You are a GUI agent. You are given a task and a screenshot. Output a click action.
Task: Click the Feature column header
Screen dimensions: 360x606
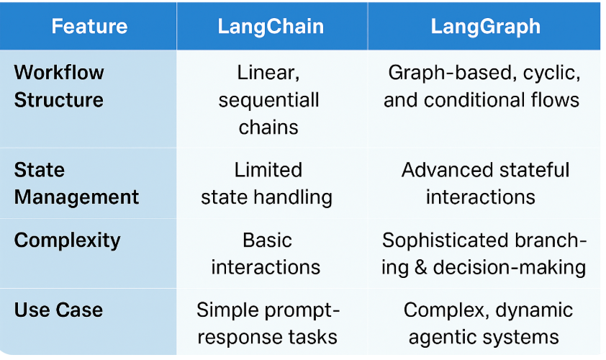pos(89,27)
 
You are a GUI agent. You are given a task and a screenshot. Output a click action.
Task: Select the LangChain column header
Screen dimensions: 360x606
pos(271,27)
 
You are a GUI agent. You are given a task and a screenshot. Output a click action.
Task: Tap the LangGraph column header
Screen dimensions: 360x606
pos(485,27)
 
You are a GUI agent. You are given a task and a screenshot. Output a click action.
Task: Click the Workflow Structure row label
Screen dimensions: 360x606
pos(59,86)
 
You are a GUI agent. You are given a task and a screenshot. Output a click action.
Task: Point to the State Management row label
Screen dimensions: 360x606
pos(76,184)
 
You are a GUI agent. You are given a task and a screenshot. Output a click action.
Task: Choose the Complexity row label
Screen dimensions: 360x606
pos(67,240)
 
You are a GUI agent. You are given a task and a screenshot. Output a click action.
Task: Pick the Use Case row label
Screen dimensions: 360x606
pos(58,310)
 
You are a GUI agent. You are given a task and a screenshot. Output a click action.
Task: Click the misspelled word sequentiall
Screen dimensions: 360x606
pos(268,100)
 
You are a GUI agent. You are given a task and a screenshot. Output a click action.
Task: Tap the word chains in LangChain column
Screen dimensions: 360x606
pos(268,127)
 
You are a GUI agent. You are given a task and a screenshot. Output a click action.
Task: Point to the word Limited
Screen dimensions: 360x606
pos(268,170)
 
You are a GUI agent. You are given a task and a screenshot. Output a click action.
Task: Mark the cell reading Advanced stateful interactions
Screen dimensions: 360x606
pos(484,184)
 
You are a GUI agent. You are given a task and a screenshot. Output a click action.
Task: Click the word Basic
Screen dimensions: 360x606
pos(268,240)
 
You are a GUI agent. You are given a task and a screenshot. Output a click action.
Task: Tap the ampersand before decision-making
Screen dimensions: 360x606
pos(421,267)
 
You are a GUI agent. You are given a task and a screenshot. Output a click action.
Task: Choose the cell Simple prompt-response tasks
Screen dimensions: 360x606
pos(268,323)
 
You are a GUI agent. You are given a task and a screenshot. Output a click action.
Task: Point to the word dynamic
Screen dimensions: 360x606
pos(533,310)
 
